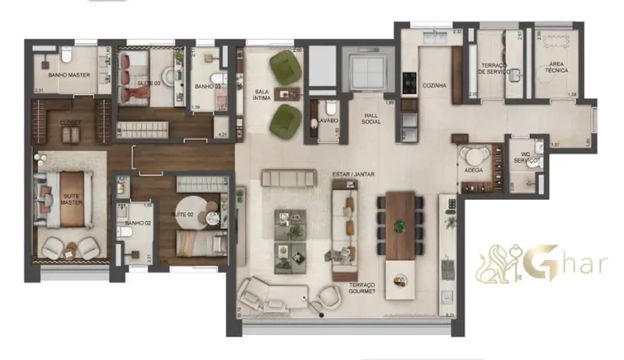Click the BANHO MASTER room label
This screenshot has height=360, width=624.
click(68, 76)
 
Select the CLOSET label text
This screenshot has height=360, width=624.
click(71, 123)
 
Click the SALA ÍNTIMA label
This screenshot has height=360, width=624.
click(262, 96)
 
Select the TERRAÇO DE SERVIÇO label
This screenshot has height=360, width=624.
click(494, 68)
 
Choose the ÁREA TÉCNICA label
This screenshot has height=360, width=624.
click(557, 68)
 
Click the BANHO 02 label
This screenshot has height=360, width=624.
click(136, 223)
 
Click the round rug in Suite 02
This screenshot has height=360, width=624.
click(199, 213)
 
